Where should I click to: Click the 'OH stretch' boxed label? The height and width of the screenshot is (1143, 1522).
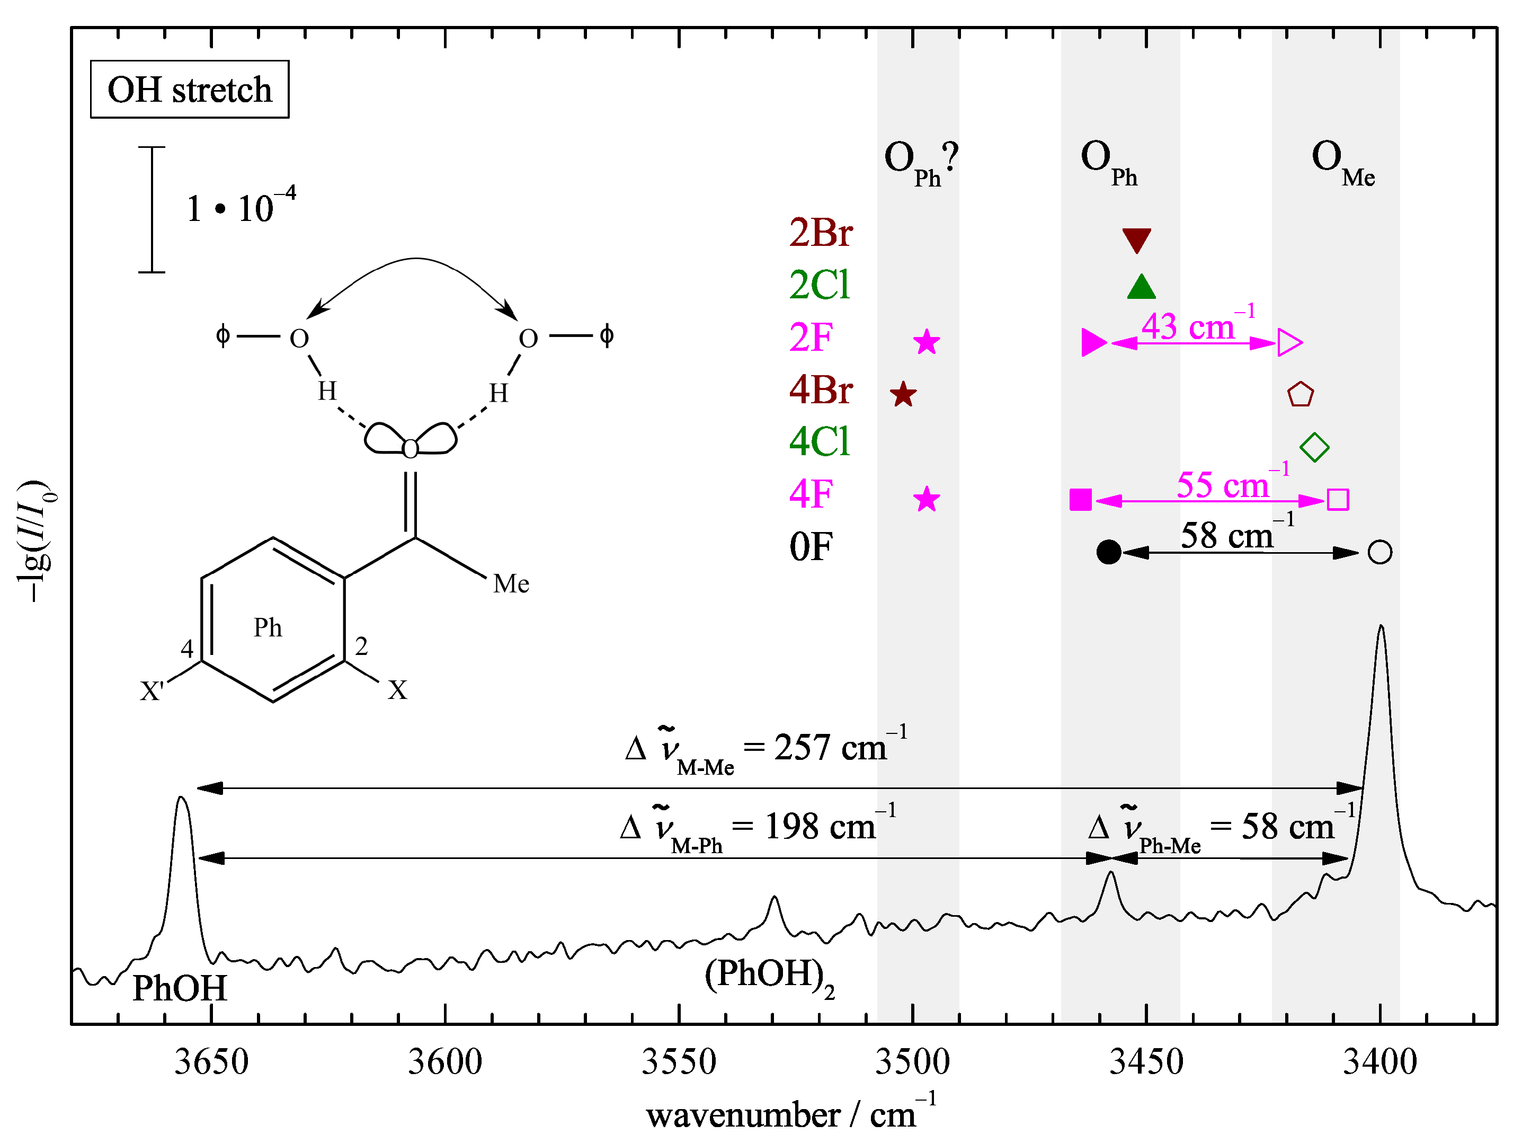point(189,90)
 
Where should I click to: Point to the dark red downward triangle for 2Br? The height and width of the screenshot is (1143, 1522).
point(1136,240)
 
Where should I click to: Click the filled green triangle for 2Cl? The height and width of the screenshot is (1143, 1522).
point(1141,288)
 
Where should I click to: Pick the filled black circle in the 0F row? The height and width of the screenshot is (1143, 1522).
point(1108,552)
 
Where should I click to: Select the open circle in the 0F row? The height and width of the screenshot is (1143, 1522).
point(1379,552)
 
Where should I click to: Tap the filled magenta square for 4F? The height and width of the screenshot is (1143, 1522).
point(1080,500)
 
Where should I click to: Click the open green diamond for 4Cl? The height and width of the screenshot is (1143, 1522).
point(1314,447)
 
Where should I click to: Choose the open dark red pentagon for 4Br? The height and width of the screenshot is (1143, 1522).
point(1300,395)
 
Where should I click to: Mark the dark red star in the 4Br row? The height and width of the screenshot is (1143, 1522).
point(903,395)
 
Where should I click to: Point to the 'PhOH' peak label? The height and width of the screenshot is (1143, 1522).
point(180,988)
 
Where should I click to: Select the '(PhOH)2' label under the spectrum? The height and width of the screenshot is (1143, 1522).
point(769,976)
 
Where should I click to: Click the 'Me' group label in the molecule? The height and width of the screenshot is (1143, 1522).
point(511,583)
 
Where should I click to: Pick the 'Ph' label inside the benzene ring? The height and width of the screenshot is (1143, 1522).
point(268,627)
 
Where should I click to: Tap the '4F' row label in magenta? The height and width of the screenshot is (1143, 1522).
point(811,494)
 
